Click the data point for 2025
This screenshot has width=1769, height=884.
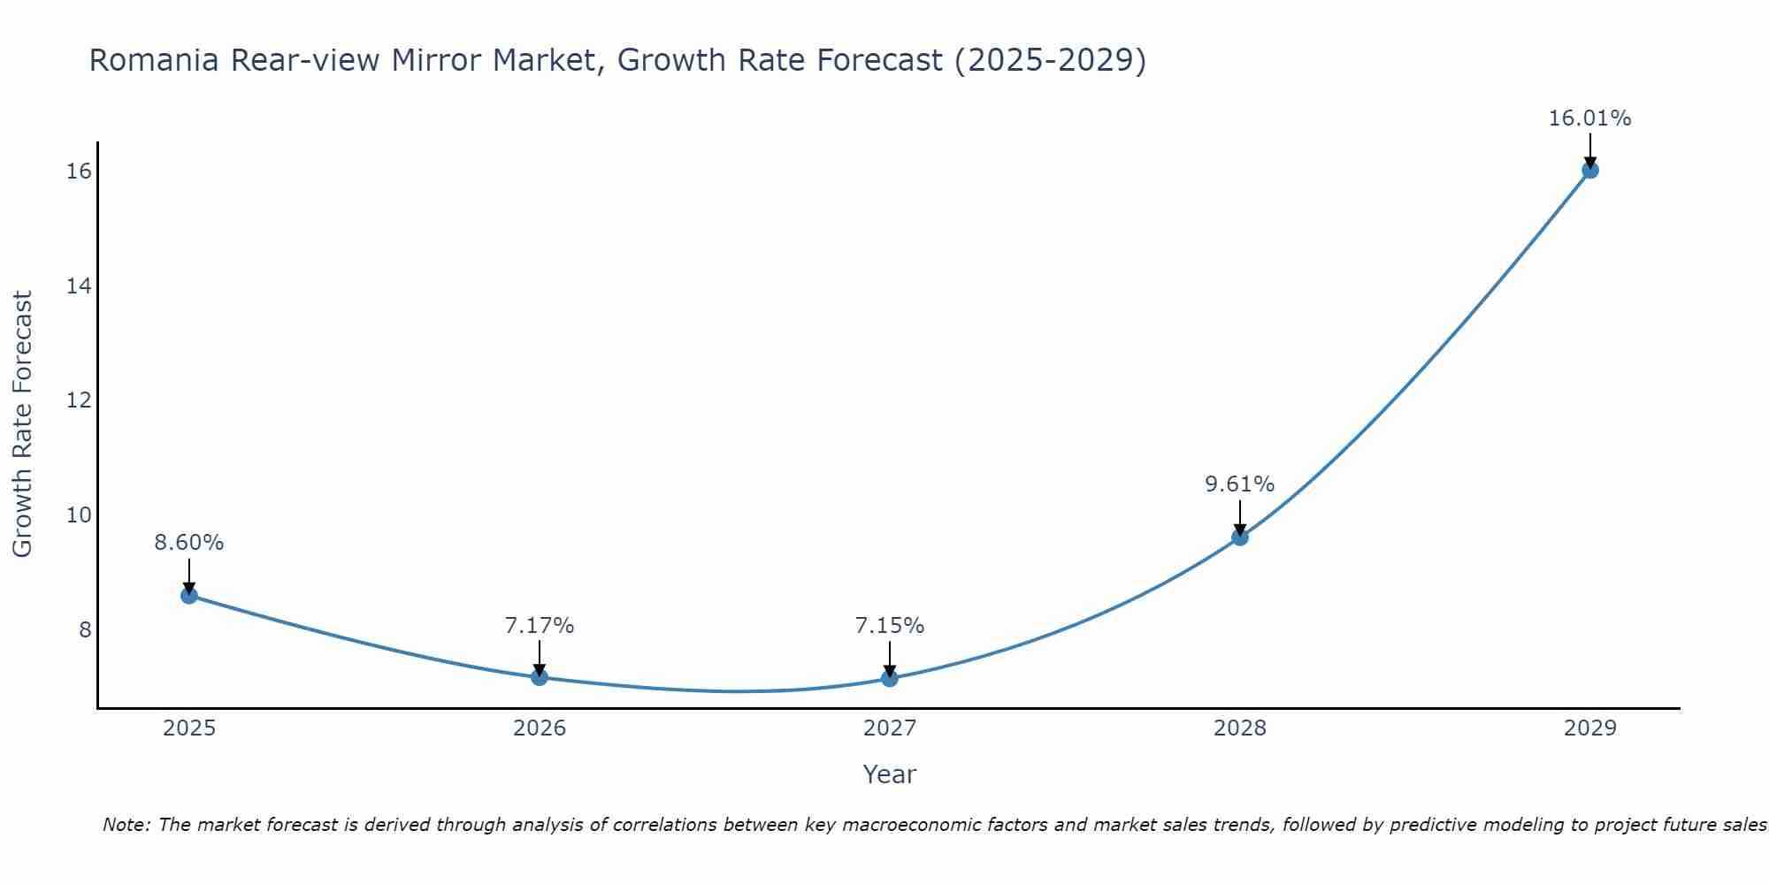tap(189, 595)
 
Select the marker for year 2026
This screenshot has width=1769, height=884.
tap(540, 677)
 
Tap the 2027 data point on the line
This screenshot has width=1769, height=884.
tap(890, 678)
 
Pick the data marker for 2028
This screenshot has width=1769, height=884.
tap(1240, 537)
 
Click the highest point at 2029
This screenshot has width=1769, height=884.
tap(1589, 170)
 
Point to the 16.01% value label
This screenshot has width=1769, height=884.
tap(1589, 118)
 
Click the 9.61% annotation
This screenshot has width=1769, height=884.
tap(1239, 484)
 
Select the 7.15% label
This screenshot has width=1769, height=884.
tap(889, 626)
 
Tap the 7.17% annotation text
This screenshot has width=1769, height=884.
tap(539, 626)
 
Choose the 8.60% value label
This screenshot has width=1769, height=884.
tap(189, 543)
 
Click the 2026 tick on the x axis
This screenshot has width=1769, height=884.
tap(540, 728)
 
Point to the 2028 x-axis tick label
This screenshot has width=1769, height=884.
tap(1240, 728)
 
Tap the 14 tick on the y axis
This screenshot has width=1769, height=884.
tap(79, 286)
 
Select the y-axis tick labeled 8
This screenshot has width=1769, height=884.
tap(85, 629)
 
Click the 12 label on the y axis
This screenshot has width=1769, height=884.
tap(79, 400)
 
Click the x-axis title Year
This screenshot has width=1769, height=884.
tap(889, 774)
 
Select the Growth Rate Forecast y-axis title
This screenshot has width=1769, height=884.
tap(22, 424)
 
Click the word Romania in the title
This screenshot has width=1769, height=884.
tap(154, 60)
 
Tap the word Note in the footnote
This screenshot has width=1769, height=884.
tap(126, 825)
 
